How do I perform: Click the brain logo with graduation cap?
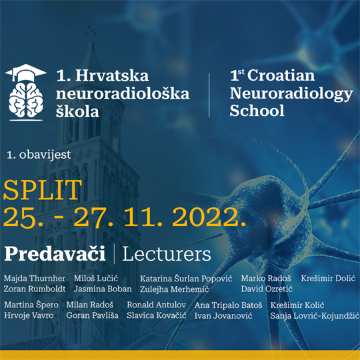click(26, 89)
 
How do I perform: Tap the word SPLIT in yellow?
click(43, 191)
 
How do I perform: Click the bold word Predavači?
click(55, 254)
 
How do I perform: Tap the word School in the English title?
click(257, 111)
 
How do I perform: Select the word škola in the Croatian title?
click(77, 111)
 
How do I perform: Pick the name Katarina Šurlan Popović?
click(185, 278)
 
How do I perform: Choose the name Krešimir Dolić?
click(329, 278)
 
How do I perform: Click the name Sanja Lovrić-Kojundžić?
click(315, 315)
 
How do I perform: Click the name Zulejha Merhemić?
click(175, 289)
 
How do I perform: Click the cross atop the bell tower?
click(91, 31)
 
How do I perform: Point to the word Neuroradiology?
click(291, 94)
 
